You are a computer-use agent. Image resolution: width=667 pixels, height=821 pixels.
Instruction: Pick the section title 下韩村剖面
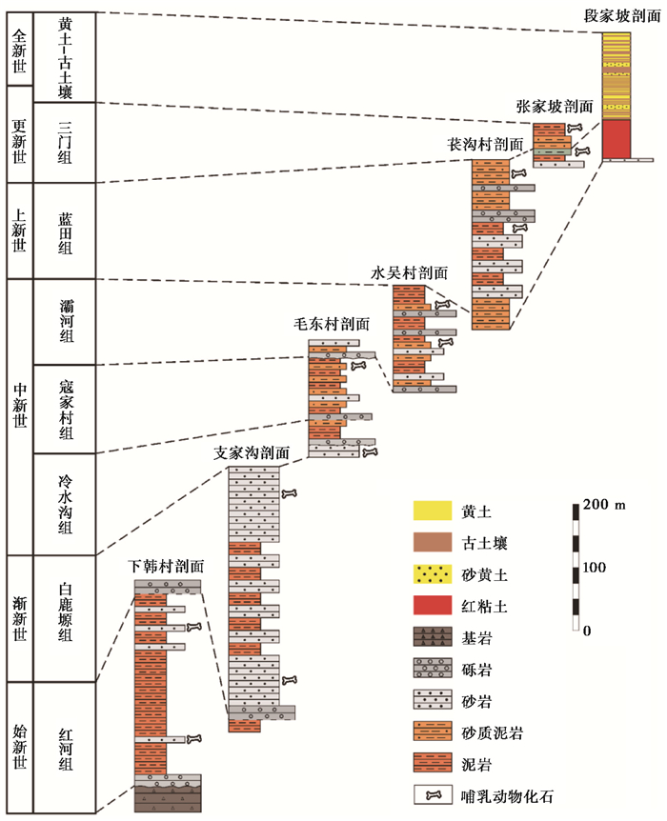tap(167, 566)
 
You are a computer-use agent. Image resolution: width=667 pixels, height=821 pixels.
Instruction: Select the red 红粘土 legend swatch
tap(432, 604)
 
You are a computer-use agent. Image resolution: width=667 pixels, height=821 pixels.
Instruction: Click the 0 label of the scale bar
tap(587, 631)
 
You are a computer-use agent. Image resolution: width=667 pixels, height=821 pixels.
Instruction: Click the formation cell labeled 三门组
tap(65, 141)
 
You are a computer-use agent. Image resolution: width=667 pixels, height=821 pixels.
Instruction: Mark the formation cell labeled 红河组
tap(65, 748)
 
